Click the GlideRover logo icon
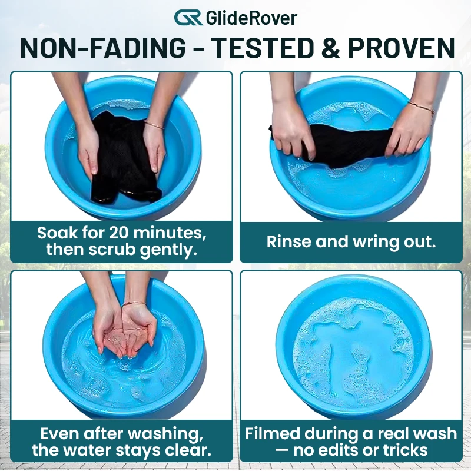pos(188,18)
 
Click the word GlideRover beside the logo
pos(252,18)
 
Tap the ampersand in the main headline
pos(330,48)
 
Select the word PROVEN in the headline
pos(402,48)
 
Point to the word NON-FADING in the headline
pos(103,48)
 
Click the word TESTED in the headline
pos(262,48)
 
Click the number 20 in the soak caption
pos(120,233)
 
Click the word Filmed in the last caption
pos(273,433)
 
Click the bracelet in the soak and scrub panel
pos(154,124)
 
